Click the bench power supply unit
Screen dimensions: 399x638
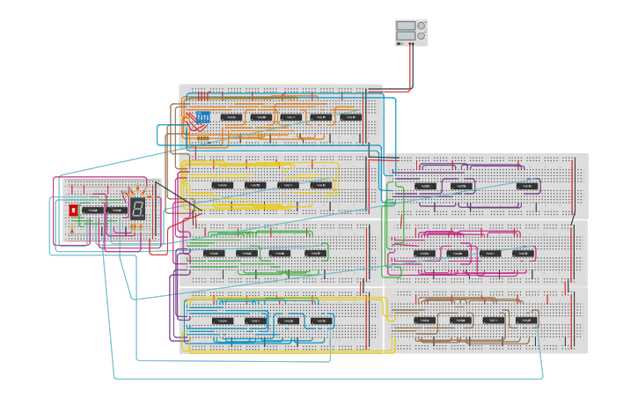[411, 33]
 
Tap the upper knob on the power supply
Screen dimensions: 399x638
[421, 26]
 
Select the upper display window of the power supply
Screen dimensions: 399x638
[405, 26]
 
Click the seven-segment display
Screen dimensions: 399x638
[138, 209]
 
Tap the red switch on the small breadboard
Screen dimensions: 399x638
[73, 211]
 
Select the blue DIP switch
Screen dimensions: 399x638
[203, 117]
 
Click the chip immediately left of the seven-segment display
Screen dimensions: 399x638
[116, 211]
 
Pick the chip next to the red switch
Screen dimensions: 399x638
[92, 211]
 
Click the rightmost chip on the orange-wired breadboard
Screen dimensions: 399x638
[350, 116]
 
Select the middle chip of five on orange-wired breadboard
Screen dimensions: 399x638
[290, 116]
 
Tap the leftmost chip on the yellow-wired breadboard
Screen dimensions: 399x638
[223, 185]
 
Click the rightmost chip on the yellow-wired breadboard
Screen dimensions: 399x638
[320, 185]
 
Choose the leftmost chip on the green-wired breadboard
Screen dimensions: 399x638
[213, 253]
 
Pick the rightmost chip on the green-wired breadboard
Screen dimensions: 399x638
[315, 253]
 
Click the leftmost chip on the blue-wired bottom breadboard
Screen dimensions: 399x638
[223, 321]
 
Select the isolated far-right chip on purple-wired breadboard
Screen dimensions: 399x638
[528, 186]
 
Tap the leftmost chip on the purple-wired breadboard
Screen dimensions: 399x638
[425, 186]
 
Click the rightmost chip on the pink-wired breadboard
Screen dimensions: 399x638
[523, 253]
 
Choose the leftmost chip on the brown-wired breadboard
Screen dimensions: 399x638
[425, 321]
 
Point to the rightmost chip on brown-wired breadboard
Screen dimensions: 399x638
[526, 321]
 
